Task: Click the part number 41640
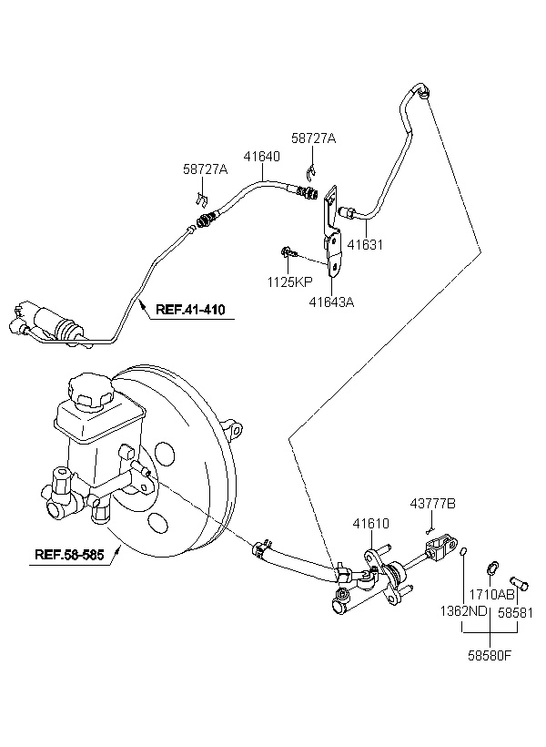point(262,157)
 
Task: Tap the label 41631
point(365,244)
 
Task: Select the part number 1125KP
point(290,282)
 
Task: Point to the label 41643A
point(332,302)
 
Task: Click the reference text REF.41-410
point(190,310)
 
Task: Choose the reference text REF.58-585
point(69,555)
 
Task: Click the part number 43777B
point(433,504)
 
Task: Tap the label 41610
point(370,524)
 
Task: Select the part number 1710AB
point(491,595)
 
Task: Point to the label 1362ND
point(463,611)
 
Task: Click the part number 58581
point(516,612)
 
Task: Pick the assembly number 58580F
point(490,656)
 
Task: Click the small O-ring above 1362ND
point(464,552)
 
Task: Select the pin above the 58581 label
point(519,583)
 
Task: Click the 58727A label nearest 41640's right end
point(314,138)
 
